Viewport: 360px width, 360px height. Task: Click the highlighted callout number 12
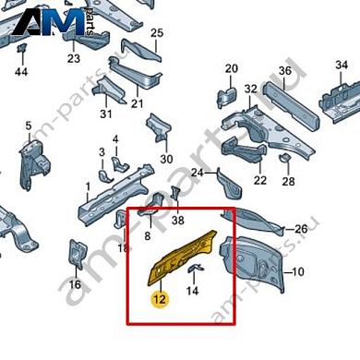159,298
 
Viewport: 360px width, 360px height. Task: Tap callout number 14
193,292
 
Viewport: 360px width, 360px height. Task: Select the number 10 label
296,272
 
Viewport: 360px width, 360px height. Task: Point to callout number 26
300,229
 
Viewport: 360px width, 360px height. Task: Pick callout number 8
146,236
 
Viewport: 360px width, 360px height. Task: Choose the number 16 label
75,284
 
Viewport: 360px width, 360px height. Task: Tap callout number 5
28,126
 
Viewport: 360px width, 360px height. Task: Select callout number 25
156,34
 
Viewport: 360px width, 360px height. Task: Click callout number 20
231,68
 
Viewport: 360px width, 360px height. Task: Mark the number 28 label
289,181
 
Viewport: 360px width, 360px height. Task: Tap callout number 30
166,159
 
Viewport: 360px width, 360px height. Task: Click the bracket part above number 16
78,255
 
